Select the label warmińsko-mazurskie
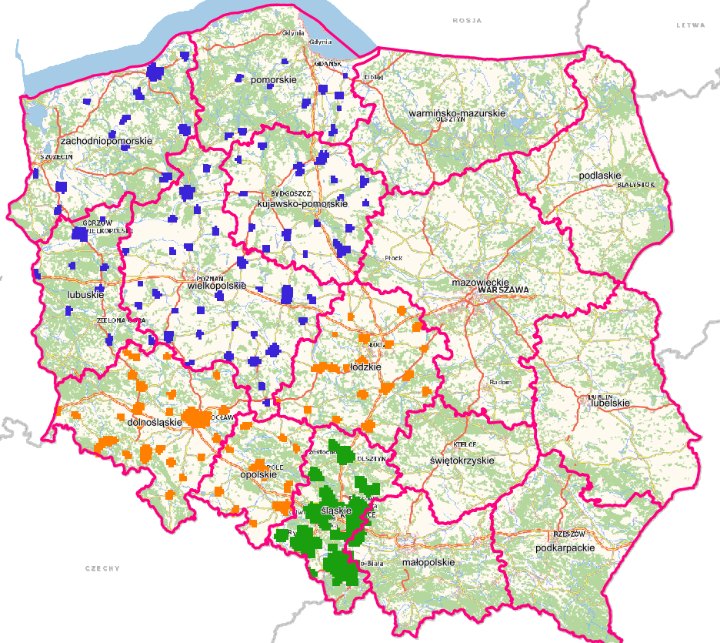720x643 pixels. (x=456, y=113)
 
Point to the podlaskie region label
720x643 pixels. (x=599, y=176)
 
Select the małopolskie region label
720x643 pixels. (x=428, y=562)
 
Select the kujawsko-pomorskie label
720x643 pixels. (x=304, y=203)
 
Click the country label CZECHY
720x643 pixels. (x=102, y=568)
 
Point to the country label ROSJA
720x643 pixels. (x=466, y=21)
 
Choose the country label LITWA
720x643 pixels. (x=690, y=25)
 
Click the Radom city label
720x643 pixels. (x=499, y=383)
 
